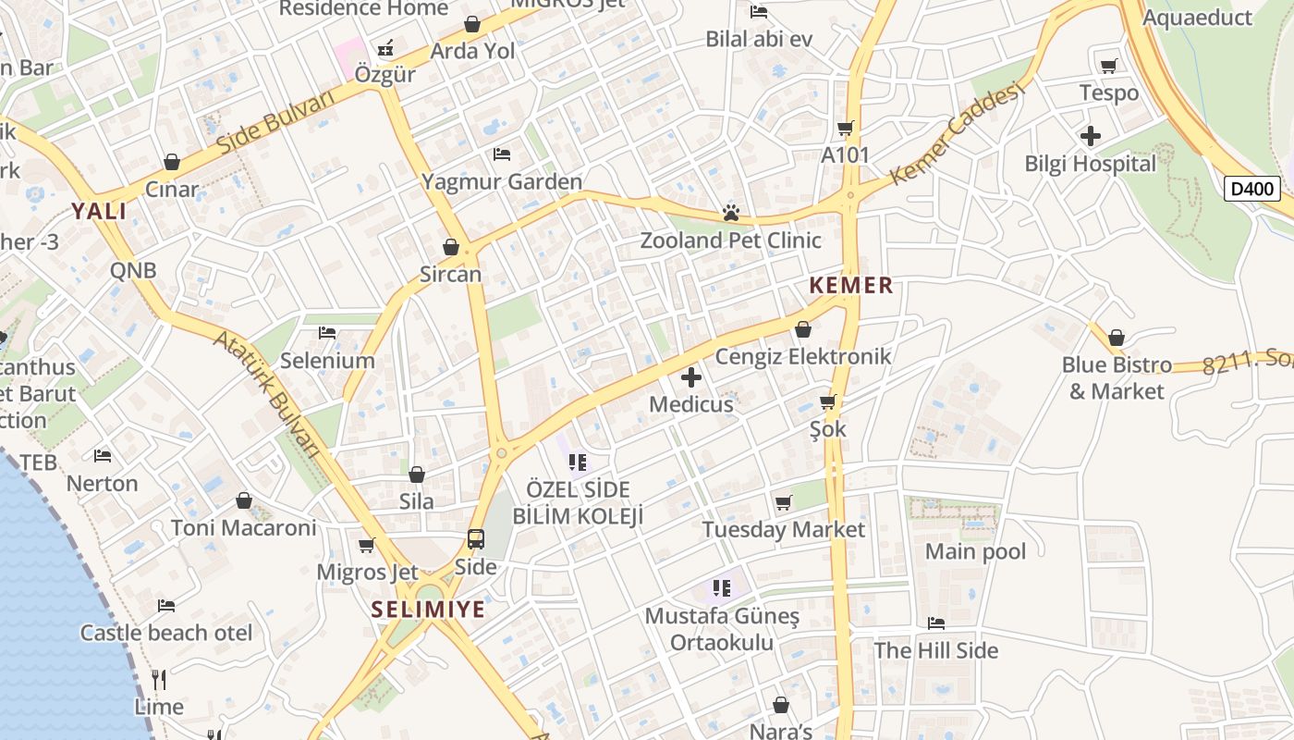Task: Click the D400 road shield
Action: pos(1252,189)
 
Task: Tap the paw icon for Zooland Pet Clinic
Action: pos(731,214)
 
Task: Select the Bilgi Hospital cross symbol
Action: pos(1091,136)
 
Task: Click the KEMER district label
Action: pos(851,286)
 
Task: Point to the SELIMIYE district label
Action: pos(428,610)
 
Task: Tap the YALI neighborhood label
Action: pos(99,212)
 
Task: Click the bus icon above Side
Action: pos(476,538)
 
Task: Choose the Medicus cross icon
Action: pos(690,377)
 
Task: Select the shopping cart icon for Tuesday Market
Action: pos(784,502)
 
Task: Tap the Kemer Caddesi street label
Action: pos(958,132)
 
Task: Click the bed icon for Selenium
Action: pos(327,333)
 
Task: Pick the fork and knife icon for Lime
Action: pos(159,680)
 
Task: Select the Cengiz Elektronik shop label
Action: pos(803,356)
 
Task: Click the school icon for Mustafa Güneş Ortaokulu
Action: pos(722,588)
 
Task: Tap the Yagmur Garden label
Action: pos(502,181)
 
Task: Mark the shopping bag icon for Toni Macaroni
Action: pos(244,500)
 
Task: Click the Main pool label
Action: pos(975,552)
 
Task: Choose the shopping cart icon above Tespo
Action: pos(1108,66)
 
